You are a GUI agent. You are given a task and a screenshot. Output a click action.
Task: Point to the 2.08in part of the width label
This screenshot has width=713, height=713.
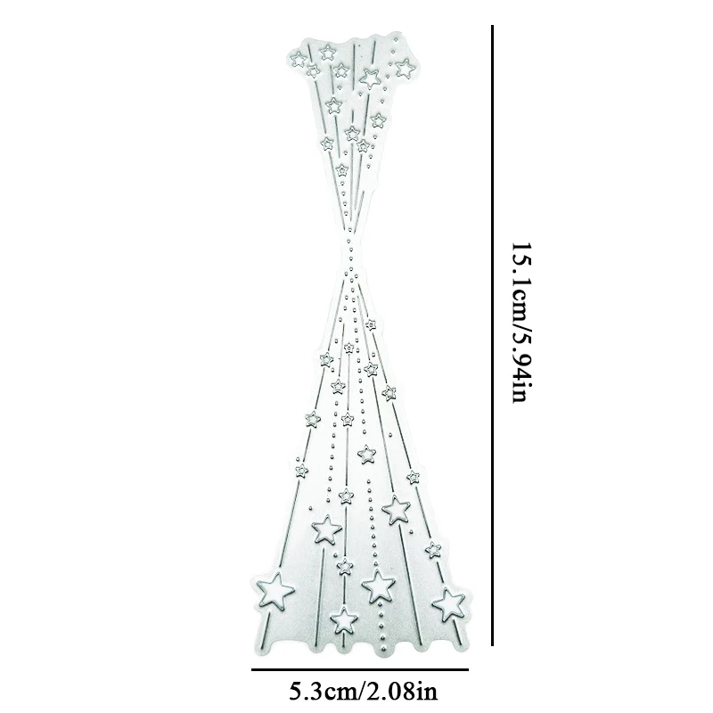(x=400, y=692)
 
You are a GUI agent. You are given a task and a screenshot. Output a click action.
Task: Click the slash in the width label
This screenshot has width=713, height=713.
(x=360, y=692)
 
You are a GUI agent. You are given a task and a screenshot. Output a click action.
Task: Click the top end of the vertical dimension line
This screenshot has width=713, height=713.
(x=492, y=26)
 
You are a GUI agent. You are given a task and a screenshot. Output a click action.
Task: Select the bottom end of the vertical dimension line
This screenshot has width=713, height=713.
(x=492, y=644)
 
